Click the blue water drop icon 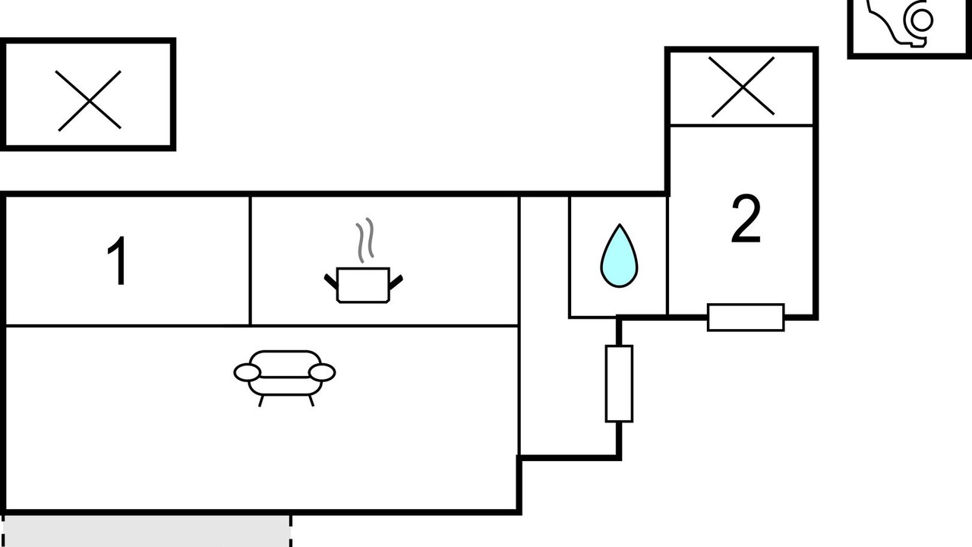coord(619,257)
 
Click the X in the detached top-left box coord(89,100)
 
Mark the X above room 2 coord(742,87)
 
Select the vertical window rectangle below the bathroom coord(619,383)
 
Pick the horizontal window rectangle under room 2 coord(746,317)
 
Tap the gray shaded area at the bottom coord(144,531)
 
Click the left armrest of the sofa coord(248,372)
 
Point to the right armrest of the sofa coord(322,372)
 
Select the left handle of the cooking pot coord(331,280)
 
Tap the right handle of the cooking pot coord(395,282)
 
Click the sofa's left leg coord(260,400)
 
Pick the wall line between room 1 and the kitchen coord(250,261)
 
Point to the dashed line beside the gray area coord(290,531)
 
